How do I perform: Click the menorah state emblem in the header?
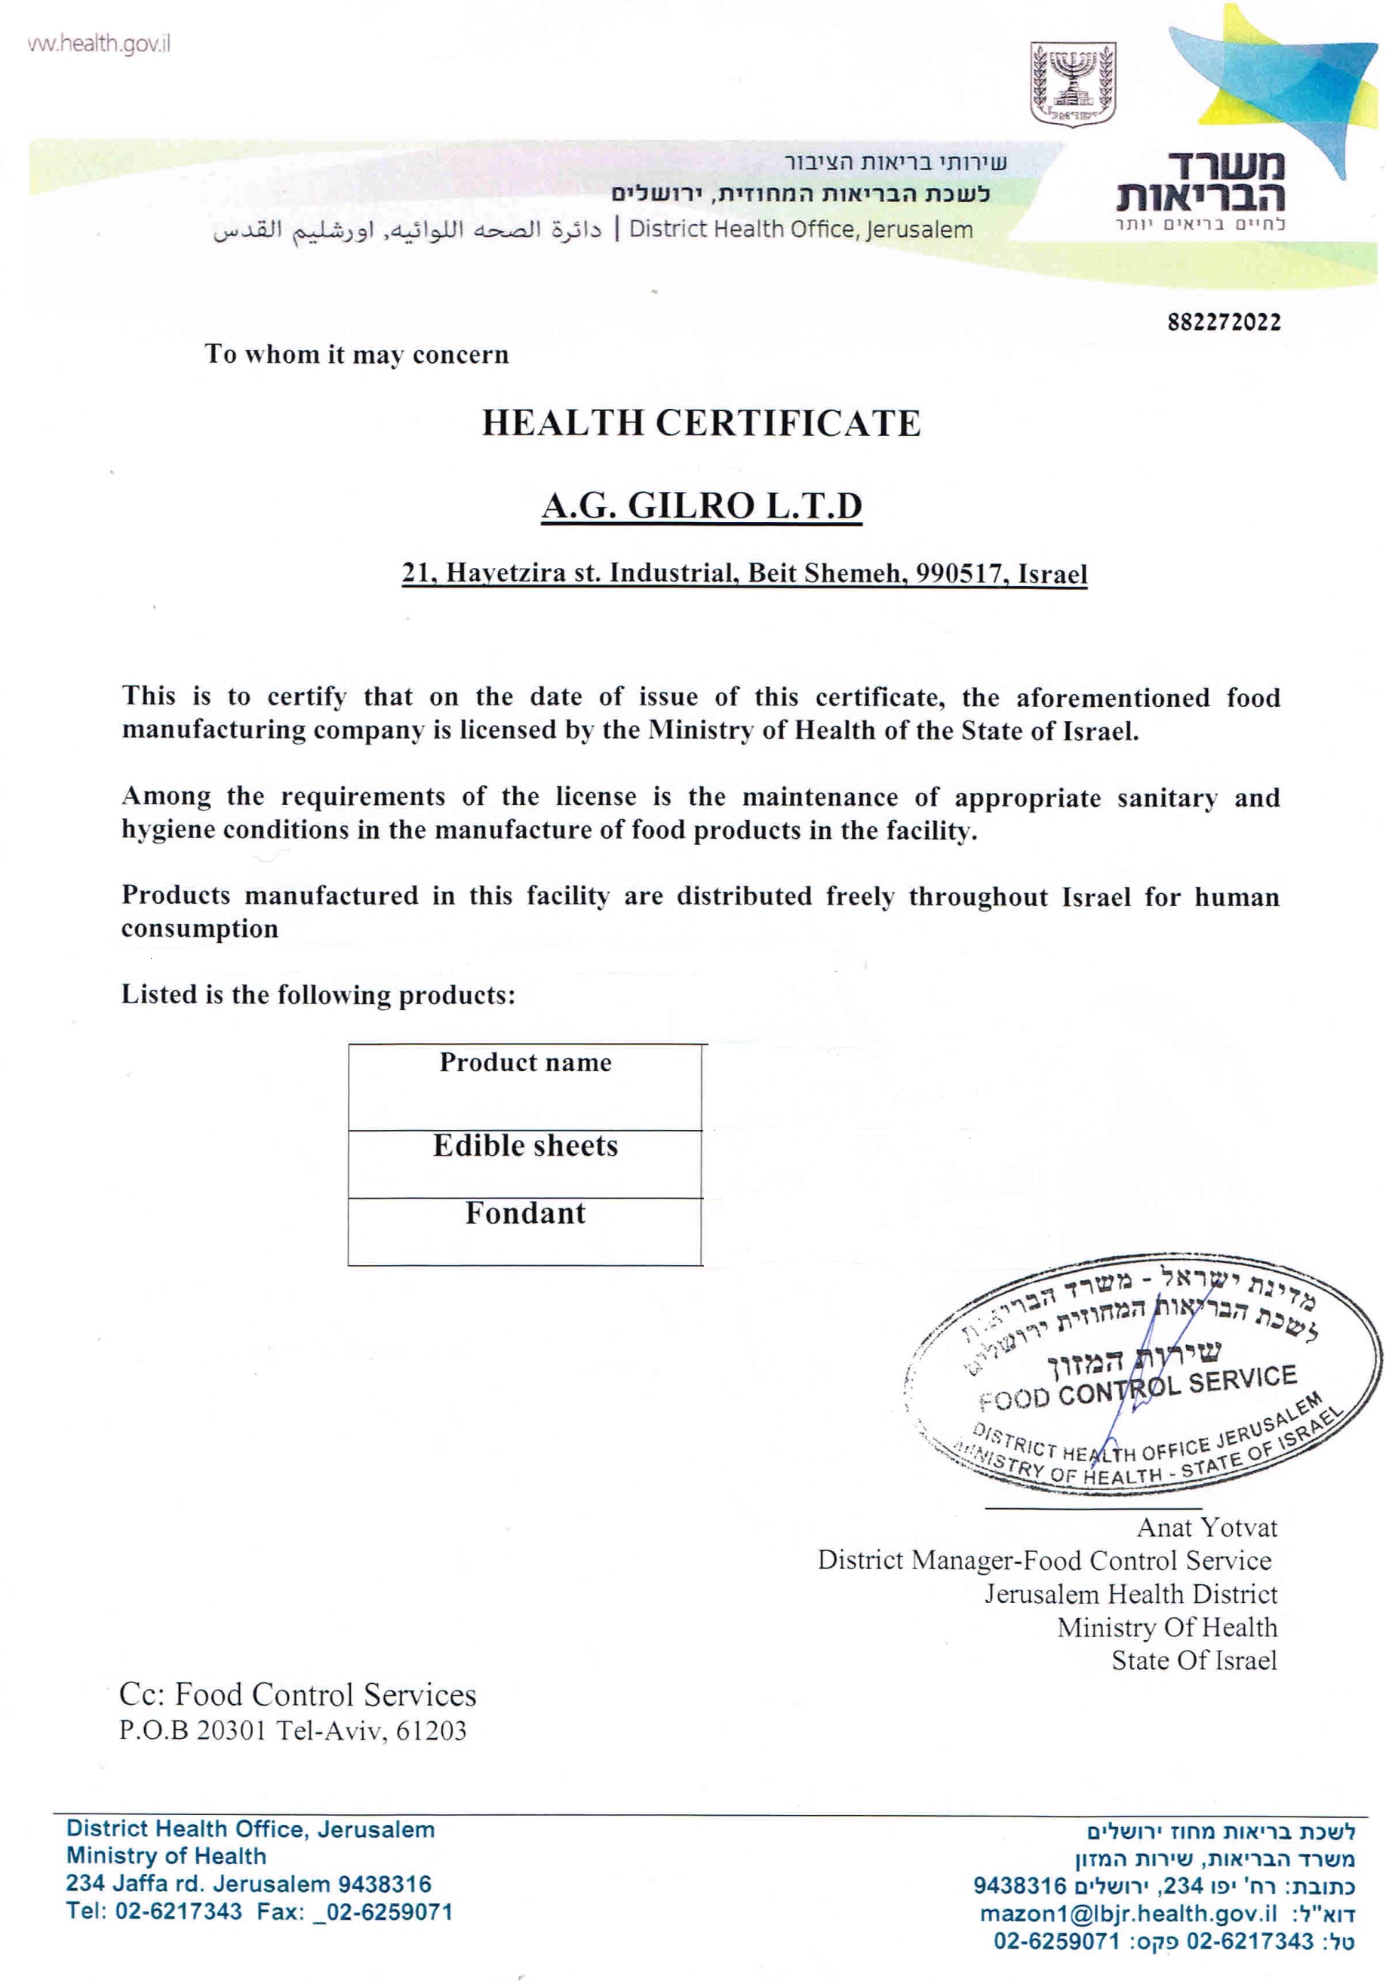click(1073, 84)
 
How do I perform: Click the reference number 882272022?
click(1224, 323)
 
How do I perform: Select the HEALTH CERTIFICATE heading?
click(701, 422)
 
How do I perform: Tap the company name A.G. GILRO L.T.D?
click(701, 505)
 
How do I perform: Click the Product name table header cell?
click(524, 1063)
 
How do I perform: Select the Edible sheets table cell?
click(524, 1146)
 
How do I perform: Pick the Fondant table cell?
click(524, 1214)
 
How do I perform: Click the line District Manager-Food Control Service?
click(1044, 1561)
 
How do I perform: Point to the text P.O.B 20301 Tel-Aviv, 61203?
click(293, 1731)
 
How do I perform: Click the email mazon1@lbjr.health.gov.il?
click(1127, 1914)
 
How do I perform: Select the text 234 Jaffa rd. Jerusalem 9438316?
click(248, 1884)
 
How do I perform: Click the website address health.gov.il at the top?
click(100, 44)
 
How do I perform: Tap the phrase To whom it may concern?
click(356, 355)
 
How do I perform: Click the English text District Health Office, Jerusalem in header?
click(800, 229)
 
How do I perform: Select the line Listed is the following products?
click(318, 995)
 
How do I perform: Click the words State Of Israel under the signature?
click(1194, 1660)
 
